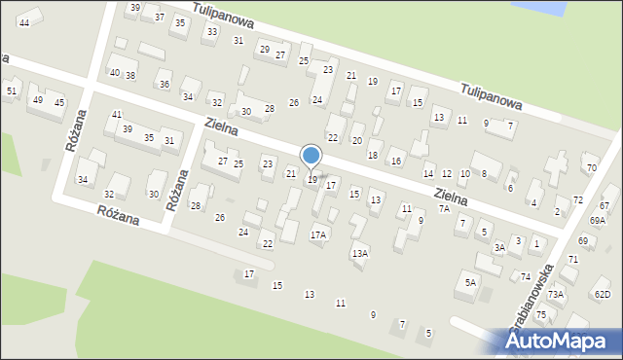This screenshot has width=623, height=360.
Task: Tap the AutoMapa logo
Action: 558,340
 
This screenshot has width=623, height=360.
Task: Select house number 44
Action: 24,22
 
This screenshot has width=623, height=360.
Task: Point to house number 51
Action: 12,91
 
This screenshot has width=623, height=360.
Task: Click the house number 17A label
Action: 318,234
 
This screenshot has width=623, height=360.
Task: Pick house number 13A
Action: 360,253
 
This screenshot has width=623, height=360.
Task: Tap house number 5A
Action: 471,282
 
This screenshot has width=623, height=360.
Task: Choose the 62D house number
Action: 603,294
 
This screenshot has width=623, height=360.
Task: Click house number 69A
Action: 598,221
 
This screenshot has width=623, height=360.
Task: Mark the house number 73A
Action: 555,294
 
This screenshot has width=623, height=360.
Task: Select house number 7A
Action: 444,208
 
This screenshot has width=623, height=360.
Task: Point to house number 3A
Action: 499,248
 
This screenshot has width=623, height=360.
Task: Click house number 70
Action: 591,168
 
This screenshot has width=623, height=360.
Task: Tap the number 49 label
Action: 38,100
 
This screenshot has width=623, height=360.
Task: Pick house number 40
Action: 115,73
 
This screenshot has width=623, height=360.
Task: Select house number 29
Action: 264,49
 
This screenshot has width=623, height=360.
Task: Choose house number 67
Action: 605,205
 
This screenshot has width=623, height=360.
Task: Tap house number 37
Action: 160,18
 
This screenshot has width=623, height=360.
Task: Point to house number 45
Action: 59,103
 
